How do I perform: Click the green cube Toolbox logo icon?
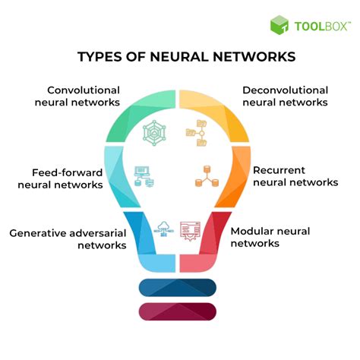pos(279,25)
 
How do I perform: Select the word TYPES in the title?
pos(99,56)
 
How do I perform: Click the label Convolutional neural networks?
pos(77,96)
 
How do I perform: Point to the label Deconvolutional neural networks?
pos(286,96)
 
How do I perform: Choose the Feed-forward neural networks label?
pos(60,178)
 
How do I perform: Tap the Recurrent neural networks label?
pos(295,176)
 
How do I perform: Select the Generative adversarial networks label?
pos(68,239)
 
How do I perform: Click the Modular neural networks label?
pos(270,237)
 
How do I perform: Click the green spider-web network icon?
pos(154,133)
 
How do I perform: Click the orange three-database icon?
pos(207,176)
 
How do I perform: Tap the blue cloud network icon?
pos(164,229)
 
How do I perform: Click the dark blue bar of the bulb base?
pos(178,288)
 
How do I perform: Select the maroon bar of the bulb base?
pos(178,311)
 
